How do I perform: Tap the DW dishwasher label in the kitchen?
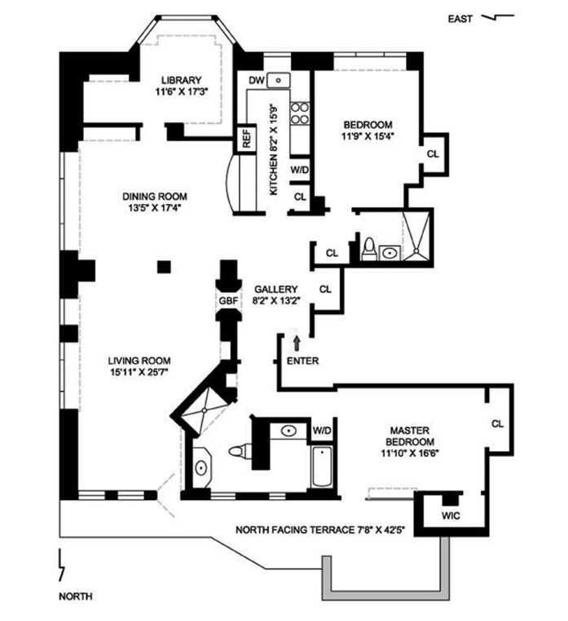[x=256, y=80]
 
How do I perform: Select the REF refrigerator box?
[x=245, y=140]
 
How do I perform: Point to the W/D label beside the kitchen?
[x=299, y=171]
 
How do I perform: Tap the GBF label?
[x=227, y=301]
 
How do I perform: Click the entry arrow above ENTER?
[x=296, y=338]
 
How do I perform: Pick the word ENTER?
[x=302, y=361]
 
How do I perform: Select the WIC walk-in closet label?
[x=451, y=515]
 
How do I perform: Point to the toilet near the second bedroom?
[x=368, y=250]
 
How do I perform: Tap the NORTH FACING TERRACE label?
[x=320, y=529]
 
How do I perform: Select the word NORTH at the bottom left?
[x=75, y=597]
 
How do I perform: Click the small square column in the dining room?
[x=165, y=266]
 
